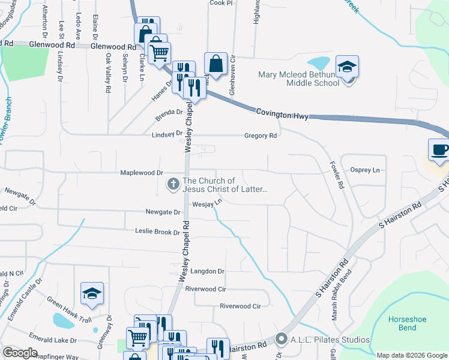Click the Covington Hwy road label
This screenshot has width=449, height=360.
[x=282, y=113]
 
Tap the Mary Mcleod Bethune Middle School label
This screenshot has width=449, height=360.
[x=298, y=79]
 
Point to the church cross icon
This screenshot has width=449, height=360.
[x=173, y=184]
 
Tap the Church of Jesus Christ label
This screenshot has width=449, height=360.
[x=226, y=185]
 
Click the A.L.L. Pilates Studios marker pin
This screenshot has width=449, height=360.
[x=280, y=340]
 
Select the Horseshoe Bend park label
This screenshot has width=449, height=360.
[x=407, y=323]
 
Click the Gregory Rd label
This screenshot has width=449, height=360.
[x=261, y=136]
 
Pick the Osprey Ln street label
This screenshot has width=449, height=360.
[x=366, y=170]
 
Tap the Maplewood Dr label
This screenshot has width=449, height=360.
[x=142, y=173]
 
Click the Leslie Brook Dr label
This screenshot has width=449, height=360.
[x=157, y=232]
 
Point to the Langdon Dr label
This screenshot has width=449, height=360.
[x=207, y=271]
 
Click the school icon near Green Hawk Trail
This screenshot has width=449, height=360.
[x=92, y=293]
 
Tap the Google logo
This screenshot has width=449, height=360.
[x=19, y=353]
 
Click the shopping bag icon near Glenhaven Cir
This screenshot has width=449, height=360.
[x=215, y=64]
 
